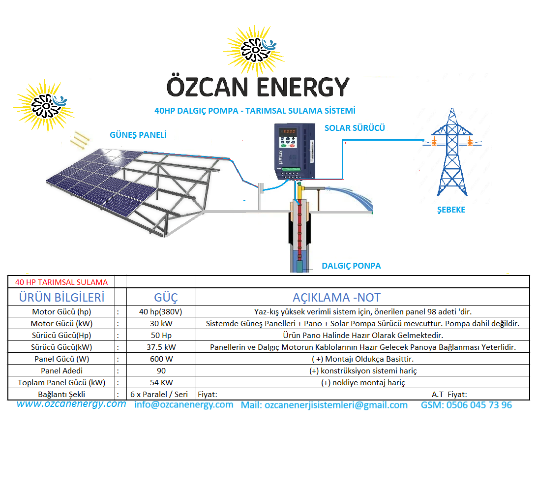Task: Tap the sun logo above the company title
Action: point(254,50)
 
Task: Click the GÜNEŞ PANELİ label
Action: point(138,135)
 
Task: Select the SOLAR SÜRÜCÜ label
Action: point(355,128)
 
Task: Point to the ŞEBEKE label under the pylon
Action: point(451,210)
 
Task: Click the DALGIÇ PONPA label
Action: point(351,266)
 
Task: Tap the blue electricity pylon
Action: point(452,153)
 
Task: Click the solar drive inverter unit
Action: point(295,152)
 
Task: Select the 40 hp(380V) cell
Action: point(161,312)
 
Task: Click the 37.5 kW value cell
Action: point(161,347)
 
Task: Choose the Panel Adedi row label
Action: point(61,370)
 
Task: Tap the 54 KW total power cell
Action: point(161,382)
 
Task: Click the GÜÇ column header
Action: point(166,297)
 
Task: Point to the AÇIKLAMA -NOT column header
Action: point(337,297)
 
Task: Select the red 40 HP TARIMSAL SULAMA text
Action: point(61,282)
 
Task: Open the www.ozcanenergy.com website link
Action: point(71,403)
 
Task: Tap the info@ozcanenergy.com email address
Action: point(183,404)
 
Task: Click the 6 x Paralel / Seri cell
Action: point(159,395)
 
